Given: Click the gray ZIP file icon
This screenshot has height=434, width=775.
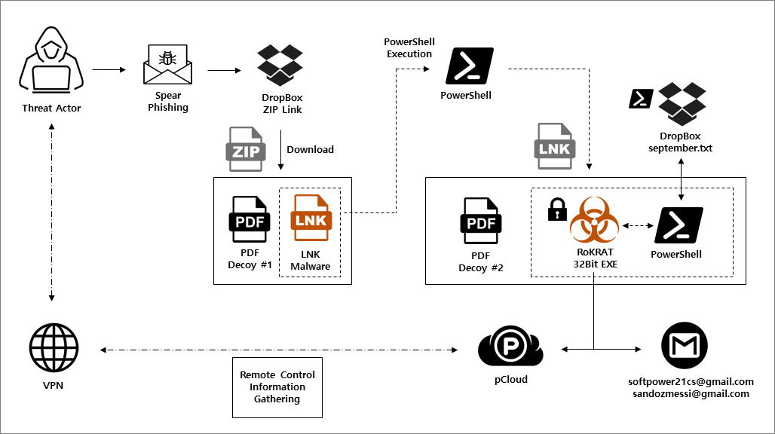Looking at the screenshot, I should click(247, 149).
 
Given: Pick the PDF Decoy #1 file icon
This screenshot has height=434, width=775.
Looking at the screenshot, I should click(250, 219).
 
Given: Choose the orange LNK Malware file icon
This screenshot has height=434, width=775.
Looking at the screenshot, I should click(310, 219).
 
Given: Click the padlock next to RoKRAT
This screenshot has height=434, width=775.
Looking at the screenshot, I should click(557, 209).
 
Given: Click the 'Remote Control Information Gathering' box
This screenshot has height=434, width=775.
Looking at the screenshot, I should click(277, 387).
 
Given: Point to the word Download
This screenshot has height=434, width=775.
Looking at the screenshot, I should click(310, 149).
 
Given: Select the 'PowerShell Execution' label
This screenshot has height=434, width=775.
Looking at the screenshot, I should click(409, 47).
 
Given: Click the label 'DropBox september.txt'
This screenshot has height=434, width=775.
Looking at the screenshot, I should click(680, 142).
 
